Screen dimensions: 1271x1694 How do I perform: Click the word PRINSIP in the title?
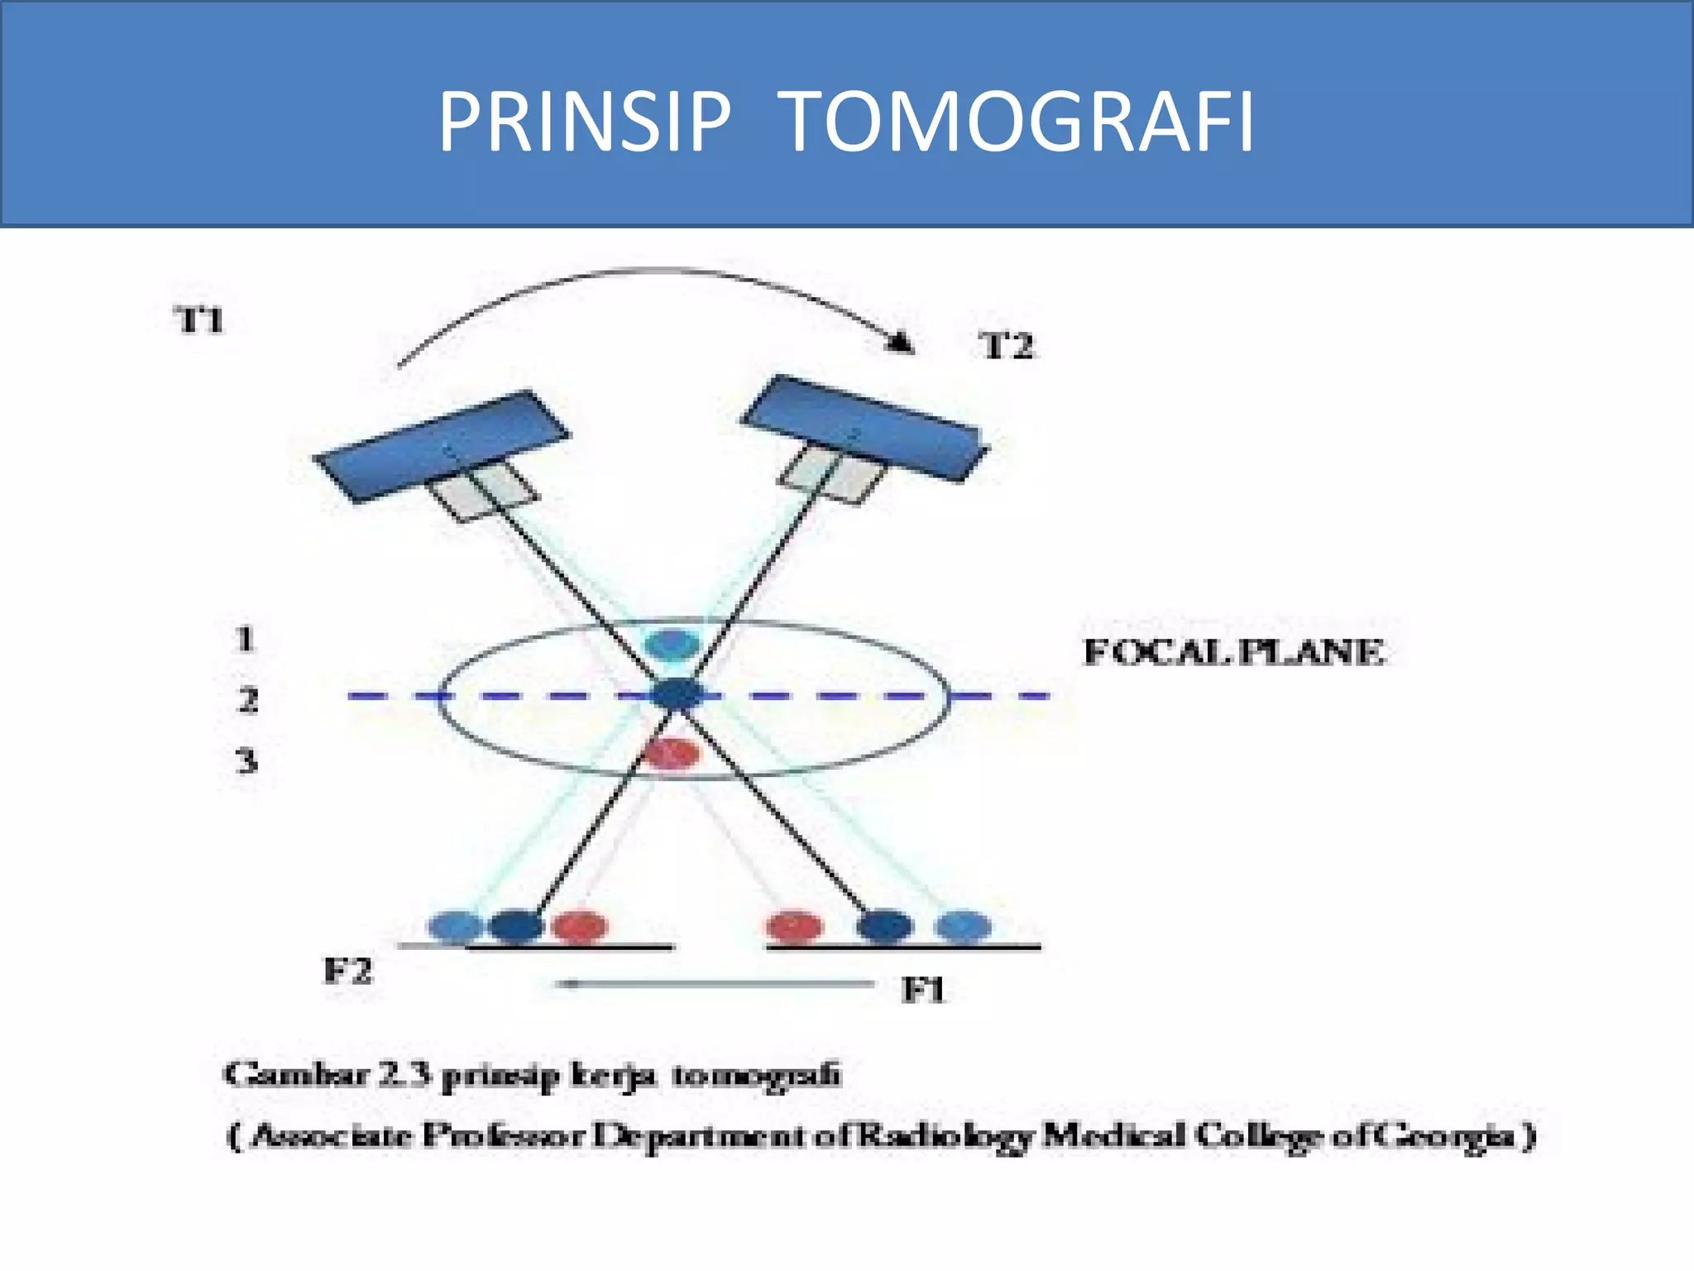584,122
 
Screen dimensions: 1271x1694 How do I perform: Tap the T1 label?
201,320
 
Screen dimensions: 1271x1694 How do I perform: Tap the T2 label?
1007,346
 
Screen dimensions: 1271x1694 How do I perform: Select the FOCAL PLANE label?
1233,652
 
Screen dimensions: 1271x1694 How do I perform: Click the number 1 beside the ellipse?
245,640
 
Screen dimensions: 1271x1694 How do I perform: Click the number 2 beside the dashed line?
247,700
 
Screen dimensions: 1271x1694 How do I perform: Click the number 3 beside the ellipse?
246,760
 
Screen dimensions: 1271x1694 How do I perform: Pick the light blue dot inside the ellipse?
672,643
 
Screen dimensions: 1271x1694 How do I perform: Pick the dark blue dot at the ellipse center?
677,694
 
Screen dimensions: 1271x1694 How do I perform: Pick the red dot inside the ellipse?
671,753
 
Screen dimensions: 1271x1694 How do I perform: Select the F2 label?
347,971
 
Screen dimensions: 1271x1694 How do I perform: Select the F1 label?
922,990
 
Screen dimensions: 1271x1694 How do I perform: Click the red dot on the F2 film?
579,926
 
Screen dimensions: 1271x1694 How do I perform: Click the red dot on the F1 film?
795,926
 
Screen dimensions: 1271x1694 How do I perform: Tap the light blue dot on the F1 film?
963,926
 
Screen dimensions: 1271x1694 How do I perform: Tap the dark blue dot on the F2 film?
516,926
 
